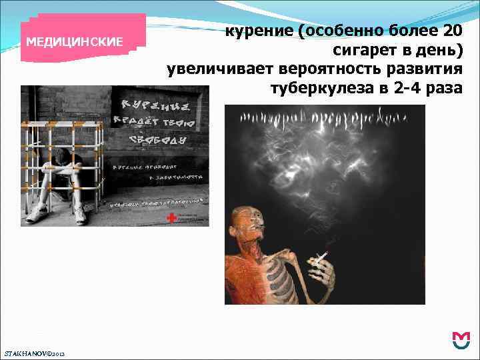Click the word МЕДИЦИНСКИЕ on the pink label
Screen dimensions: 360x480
tap(74, 41)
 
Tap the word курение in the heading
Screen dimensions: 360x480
tap(256, 31)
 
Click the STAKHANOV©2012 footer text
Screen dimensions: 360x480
tap(33, 352)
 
